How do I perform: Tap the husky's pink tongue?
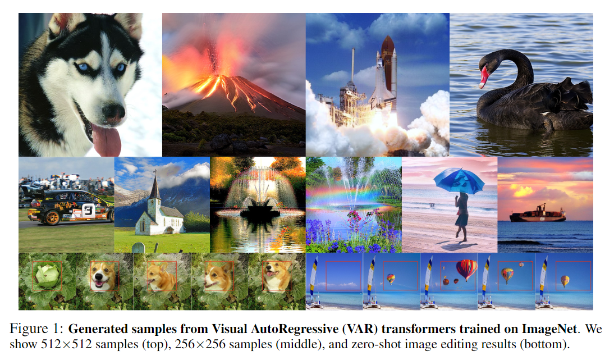point(107,140)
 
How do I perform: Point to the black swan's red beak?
point(483,78)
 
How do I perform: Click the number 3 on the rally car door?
point(88,211)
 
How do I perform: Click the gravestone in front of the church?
point(137,248)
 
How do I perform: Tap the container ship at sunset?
point(537,215)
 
